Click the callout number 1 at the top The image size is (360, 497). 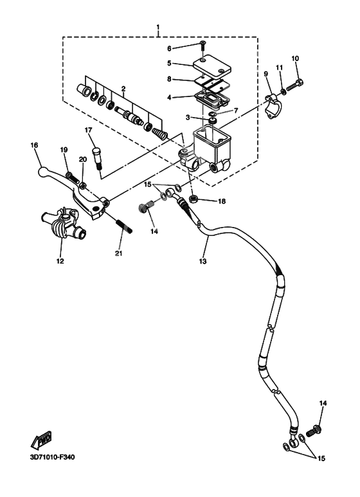click(158, 28)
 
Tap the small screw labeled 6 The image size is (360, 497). click(204, 46)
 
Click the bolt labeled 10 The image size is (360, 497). click(298, 84)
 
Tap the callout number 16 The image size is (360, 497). click(35, 145)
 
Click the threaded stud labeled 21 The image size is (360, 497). click(122, 227)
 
